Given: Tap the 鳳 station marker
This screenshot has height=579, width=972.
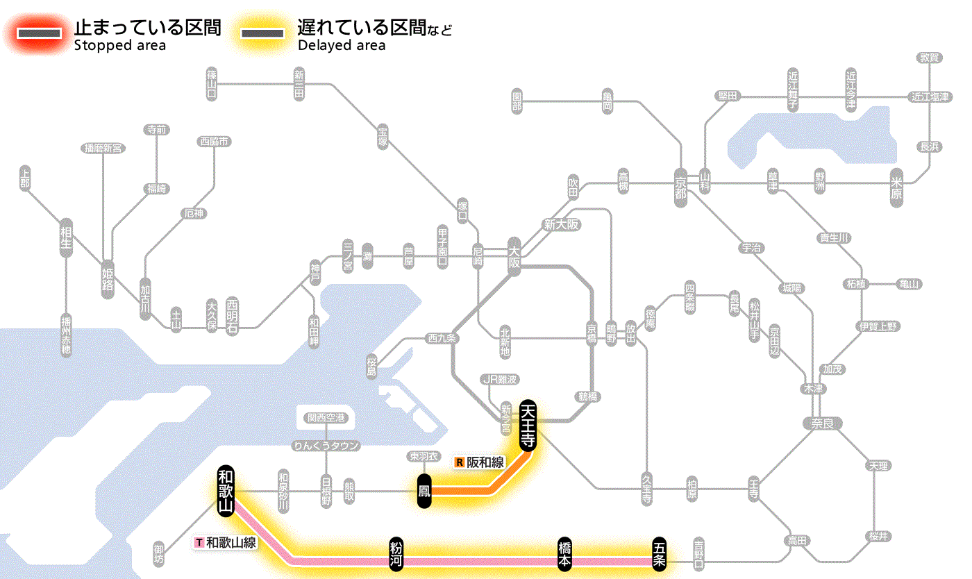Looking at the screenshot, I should coord(425,492).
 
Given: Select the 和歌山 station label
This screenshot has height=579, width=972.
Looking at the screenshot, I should coord(225,492).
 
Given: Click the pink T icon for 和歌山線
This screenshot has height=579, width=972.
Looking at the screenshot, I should coord(200,542).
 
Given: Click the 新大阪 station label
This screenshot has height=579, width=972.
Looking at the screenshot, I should coord(561,225).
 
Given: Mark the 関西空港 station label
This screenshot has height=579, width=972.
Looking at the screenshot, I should coord(330,418).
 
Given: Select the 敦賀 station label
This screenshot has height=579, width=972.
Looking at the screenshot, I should coord(930,58).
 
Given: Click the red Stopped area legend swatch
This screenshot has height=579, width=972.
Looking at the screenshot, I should coord(43,33).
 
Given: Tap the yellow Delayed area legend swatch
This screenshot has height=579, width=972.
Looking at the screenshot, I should coord(262,33).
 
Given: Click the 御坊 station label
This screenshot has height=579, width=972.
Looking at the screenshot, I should coord(160,553).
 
